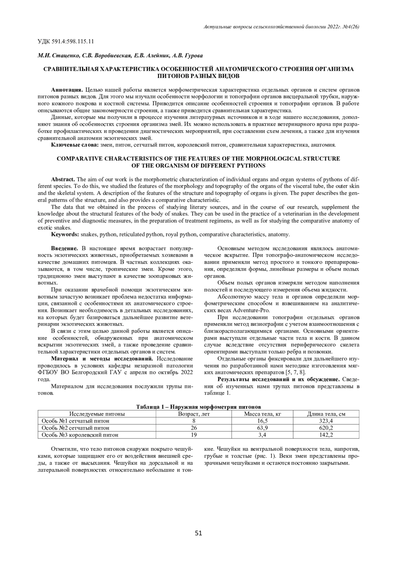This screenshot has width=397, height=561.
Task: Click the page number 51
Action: click(x=198, y=533)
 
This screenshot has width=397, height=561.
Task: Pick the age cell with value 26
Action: click(x=194, y=428)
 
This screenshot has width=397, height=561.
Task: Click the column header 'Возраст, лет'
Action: click(x=194, y=414)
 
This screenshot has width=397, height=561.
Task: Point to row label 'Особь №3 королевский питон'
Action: click(x=80, y=435)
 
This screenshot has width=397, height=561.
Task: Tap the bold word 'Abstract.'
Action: click(x=63, y=179)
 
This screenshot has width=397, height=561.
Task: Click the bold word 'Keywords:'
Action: click(x=65, y=235)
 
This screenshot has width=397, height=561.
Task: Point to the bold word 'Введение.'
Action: click(x=65, y=248)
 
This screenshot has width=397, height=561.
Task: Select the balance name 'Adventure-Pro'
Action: click(x=251, y=310)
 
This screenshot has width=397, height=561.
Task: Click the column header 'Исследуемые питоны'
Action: click(x=97, y=414)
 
